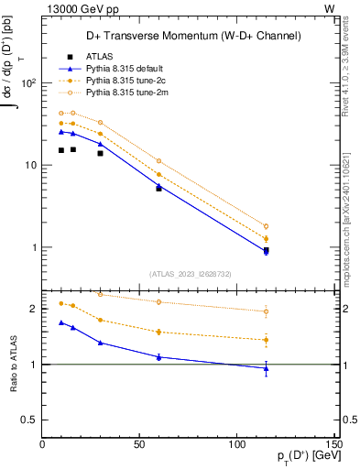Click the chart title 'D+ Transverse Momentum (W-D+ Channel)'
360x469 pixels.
click(190, 37)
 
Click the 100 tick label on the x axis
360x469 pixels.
click(236, 444)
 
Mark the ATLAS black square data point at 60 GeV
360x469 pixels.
click(158, 188)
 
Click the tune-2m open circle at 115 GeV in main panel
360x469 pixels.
click(266, 226)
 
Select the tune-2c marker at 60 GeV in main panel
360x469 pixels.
click(158, 174)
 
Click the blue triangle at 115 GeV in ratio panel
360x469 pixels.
click(266, 368)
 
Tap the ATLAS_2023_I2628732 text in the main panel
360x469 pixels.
click(190, 273)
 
